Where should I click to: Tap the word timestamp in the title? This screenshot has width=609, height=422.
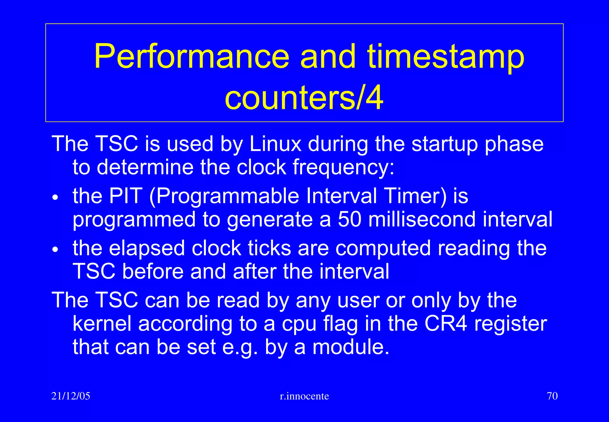pyautogui.click(x=446, y=57)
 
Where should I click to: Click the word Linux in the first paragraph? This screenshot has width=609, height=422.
pyautogui.click(x=275, y=144)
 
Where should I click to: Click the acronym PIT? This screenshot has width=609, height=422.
pyautogui.click(x=125, y=196)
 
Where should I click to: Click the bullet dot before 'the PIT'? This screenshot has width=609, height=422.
pyautogui.click(x=55, y=198)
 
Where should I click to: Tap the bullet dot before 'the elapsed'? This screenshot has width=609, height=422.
pyautogui.click(x=55, y=249)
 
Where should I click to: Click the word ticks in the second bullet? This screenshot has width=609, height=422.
pyautogui.click(x=269, y=248)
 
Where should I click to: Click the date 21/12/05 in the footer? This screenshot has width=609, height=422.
pyautogui.click(x=71, y=396)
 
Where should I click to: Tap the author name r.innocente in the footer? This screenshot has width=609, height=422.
pyautogui.click(x=304, y=396)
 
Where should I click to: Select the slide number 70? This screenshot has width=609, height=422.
pyautogui.click(x=552, y=396)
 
